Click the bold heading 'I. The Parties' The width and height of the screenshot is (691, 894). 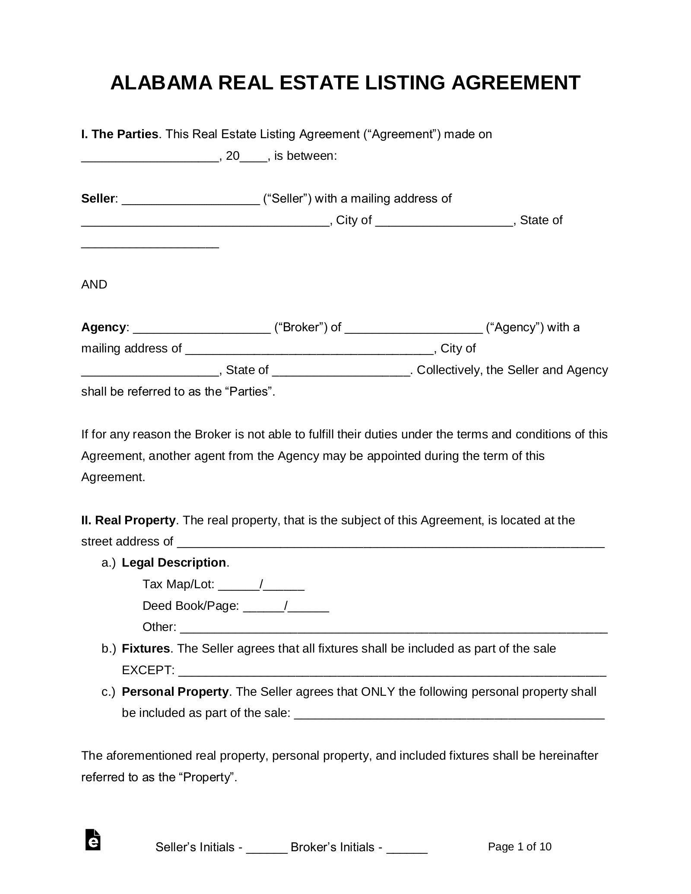coord(120,134)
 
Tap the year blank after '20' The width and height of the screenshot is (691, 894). coord(254,156)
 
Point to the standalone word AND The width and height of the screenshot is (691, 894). coord(94,285)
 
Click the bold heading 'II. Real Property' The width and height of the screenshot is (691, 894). coord(128,520)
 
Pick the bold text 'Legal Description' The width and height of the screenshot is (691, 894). coord(174,562)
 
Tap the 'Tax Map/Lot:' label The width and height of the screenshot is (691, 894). coord(178,584)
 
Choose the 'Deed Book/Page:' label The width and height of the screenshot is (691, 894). coord(190,606)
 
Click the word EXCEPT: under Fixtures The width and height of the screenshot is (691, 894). coord(148,670)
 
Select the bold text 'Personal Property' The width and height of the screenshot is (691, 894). coord(175,692)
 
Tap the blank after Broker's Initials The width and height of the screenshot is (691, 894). coord(406,848)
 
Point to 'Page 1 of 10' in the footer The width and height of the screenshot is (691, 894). coord(520,846)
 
